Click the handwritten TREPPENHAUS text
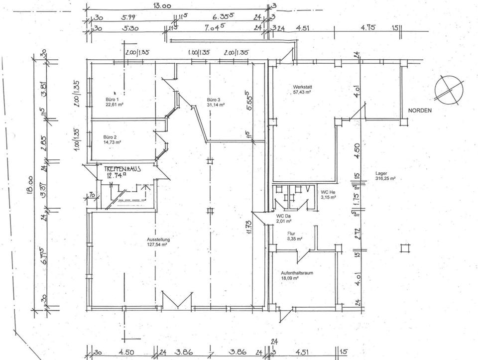point(122,169)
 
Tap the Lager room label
point(381,174)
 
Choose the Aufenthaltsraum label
point(297,273)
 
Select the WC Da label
point(284,216)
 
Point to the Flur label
point(292,234)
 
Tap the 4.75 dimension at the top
point(367,28)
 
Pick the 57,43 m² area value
point(302,92)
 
